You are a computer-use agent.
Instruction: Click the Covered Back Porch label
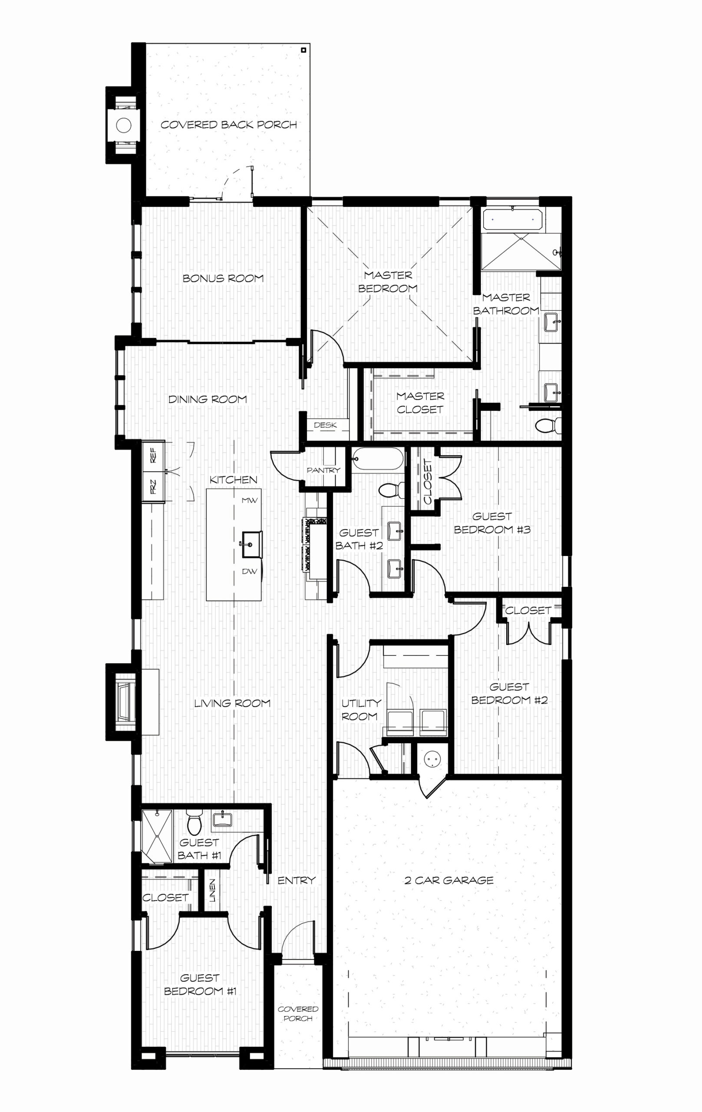point(229,125)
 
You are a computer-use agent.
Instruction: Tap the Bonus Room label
point(224,278)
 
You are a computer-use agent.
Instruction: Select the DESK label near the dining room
point(325,425)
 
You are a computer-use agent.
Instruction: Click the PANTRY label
point(323,470)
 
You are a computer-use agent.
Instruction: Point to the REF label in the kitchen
point(153,455)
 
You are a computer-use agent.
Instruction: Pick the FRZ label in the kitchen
point(153,486)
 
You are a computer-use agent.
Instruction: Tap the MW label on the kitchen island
point(250,500)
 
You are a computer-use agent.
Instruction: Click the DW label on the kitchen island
point(250,571)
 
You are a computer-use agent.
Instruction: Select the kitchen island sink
point(251,544)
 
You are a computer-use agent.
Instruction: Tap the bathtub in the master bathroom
point(512,220)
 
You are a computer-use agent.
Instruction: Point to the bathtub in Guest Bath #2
point(378,459)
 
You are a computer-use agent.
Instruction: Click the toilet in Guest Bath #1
point(194,822)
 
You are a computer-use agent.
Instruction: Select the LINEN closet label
point(212,890)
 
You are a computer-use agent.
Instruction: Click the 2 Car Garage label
point(449,880)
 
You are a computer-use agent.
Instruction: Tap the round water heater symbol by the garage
point(432,759)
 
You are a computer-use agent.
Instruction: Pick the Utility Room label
point(361,710)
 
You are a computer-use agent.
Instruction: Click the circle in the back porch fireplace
point(124,125)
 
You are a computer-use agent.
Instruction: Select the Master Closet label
point(420,403)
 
